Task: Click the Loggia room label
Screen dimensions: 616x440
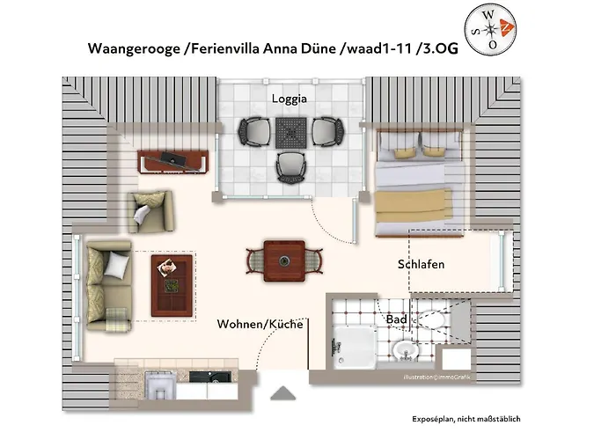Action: (x=290, y=99)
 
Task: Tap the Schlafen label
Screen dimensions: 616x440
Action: (x=421, y=264)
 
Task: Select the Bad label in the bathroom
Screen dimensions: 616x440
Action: (x=396, y=319)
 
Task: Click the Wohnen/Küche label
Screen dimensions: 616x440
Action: (x=260, y=324)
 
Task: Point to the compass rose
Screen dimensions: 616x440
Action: (x=490, y=29)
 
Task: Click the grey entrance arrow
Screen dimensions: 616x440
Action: (x=282, y=393)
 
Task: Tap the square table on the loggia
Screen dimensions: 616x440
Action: (x=290, y=133)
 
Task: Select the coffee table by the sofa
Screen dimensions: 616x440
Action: (x=172, y=286)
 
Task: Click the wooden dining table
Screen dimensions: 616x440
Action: (x=284, y=260)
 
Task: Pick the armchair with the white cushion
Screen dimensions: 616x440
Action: (x=151, y=212)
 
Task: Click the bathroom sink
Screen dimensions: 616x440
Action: (x=406, y=349)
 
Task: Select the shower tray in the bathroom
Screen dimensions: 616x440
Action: (x=355, y=348)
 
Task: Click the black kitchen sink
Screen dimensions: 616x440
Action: (x=210, y=378)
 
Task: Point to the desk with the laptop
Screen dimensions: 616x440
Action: (x=172, y=161)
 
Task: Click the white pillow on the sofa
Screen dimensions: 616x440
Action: (x=117, y=264)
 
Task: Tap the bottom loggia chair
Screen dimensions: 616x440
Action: (x=290, y=168)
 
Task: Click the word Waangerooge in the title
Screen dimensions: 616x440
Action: (x=134, y=48)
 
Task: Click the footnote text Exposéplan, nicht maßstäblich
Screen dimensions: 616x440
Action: (x=466, y=419)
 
